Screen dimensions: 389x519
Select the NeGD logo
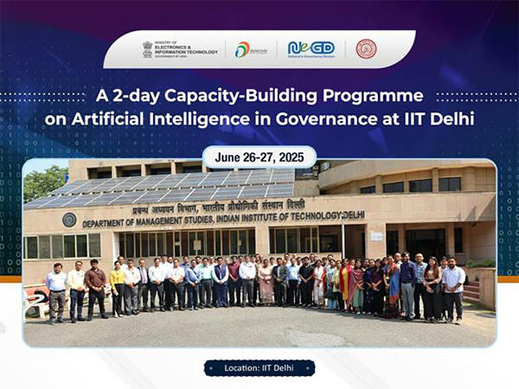point(310,49)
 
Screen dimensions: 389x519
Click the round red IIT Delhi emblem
point(367,49)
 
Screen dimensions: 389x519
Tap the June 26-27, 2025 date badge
point(259,158)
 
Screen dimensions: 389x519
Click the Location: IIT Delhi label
point(259,368)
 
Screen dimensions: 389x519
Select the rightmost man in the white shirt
point(452,285)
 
